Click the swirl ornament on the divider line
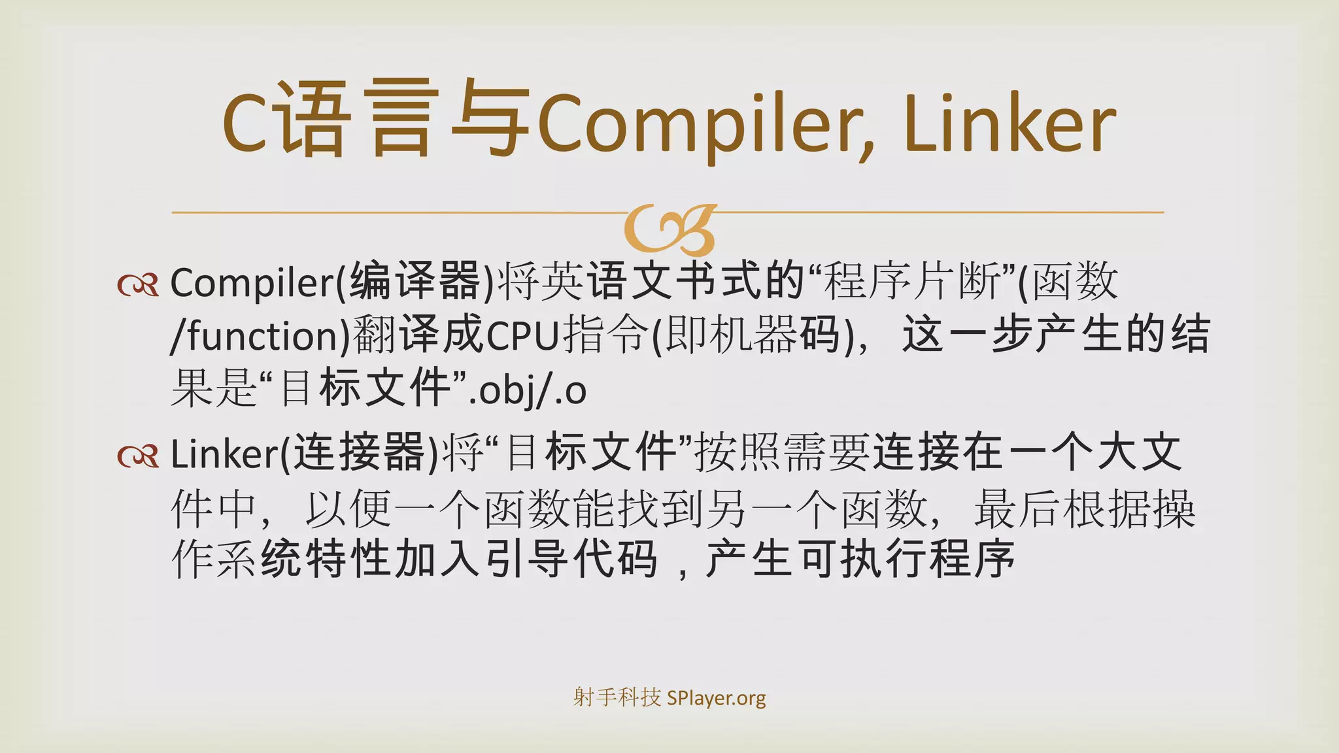669,229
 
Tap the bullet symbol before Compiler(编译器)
138,285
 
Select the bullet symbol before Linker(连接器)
138,456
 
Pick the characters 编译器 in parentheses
415,282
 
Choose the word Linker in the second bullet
224,454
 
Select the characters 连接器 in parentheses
360,452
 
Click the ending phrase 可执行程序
907,560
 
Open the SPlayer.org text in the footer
717,698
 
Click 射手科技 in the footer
617,697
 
